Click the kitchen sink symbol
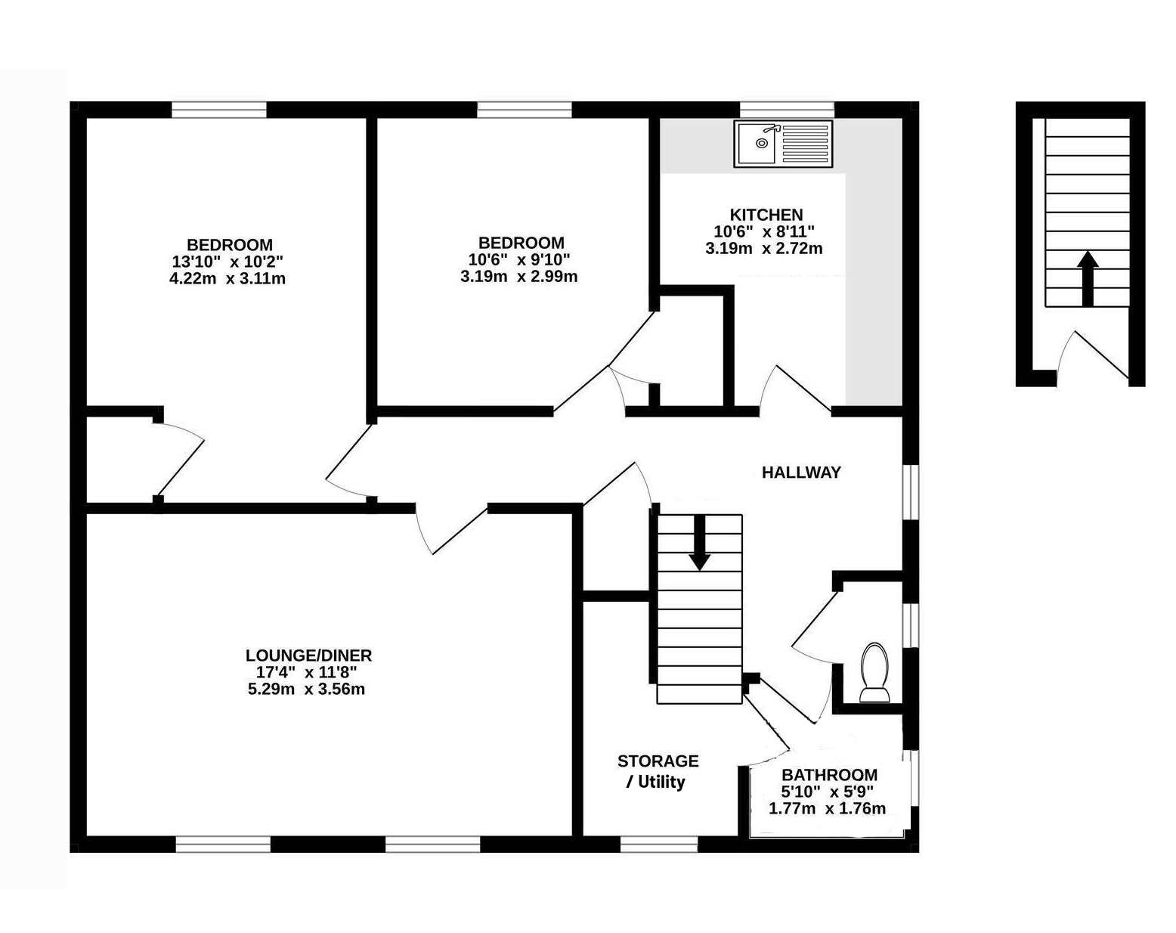tap(783, 144)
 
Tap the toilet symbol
tap(874, 672)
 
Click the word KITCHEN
tap(766, 215)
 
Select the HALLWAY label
tap(801, 473)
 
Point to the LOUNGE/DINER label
tap(309, 656)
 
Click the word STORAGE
tap(658, 761)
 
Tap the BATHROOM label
tap(830, 775)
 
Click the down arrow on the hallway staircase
tap(700, 543)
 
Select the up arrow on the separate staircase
tap(1088, 278)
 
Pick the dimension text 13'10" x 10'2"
tap(227, 262)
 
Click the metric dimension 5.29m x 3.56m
tap(307, 689)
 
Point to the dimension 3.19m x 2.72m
tap(764, 249)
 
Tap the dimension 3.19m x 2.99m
tap(519, 277)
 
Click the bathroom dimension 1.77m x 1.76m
tap(828, 808)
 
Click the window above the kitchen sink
tap(787, 110)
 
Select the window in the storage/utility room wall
tap(659, 845)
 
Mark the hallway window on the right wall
tap(911, 492)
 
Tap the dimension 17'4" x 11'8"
tap(307, 672)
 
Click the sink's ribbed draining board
tap(805, 143)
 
